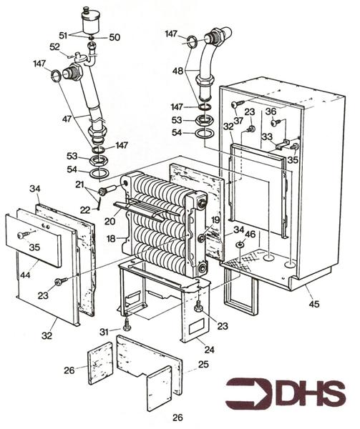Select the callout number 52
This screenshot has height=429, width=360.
click(54, 46)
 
